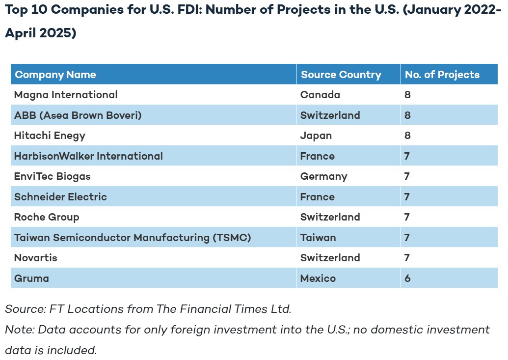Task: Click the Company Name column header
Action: point(55,75)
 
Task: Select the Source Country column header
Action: point(341,75)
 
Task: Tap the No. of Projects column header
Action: point(442,75)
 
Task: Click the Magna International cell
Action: point(66,95)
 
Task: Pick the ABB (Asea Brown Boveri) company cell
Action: point(78,115)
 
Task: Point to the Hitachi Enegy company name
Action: point(50,136)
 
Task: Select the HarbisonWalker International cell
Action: point(88,156)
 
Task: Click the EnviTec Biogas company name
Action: point(52,176)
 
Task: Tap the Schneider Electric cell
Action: point(60,197)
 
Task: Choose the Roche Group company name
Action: point(47,217)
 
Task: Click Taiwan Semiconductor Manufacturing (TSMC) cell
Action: point(133,238)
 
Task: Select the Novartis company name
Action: point(36,258)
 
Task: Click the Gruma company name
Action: point(31,278)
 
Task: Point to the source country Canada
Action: point(320,95)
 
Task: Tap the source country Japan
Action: point(316,136)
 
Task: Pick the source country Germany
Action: point(323,176)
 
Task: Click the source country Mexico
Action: point(318,278)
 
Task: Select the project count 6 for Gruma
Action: point(407,278)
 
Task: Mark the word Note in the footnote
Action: point(19,330)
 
